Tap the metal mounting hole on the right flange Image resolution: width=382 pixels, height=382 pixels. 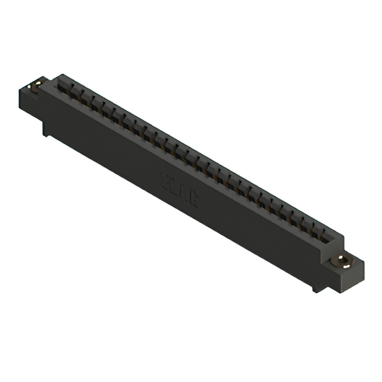341,260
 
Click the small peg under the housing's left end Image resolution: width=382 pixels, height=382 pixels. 45,131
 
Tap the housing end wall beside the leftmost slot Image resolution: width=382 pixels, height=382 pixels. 57,79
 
